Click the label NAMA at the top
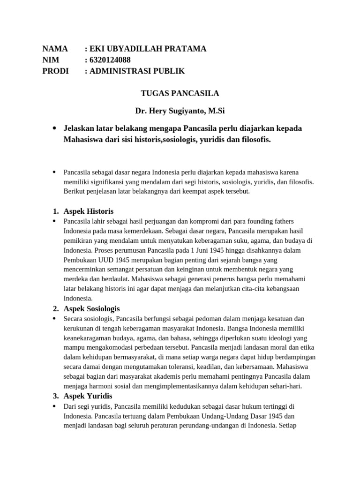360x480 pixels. tap(55, 49)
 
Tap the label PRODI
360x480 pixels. tap(55, 71)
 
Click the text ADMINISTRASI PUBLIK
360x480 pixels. tap(138, 71)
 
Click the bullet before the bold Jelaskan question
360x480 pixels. tap(55, 128)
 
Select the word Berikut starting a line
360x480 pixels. tap(75, 191)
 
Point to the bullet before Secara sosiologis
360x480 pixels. tap(55, 318)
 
